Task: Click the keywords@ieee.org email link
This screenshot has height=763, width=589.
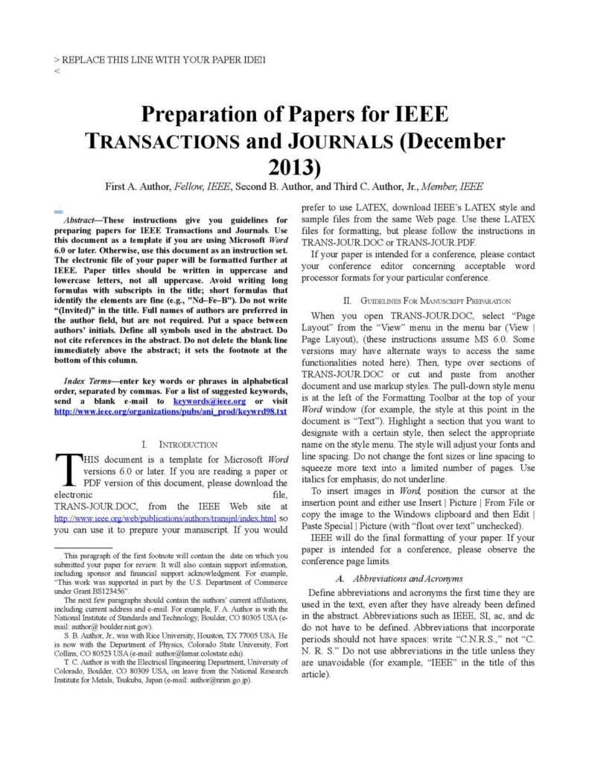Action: point(209,401)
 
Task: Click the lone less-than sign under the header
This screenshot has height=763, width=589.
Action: point(57,72)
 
